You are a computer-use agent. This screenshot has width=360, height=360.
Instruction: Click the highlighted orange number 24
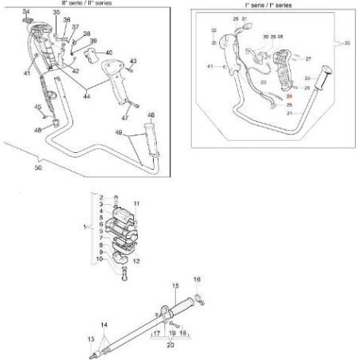(289, 96)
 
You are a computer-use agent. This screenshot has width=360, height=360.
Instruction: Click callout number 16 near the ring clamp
(198, 280)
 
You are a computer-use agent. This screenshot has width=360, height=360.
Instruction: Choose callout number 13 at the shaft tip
(90, 338)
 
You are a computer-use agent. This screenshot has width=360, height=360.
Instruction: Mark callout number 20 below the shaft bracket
(170, 346)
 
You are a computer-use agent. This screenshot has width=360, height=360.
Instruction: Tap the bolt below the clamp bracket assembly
(124, 276)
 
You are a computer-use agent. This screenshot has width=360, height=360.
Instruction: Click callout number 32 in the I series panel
(213, 30)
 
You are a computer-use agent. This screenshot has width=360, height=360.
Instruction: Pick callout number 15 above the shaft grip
(174, 284)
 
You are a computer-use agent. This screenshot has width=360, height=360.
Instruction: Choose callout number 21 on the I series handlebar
(289, 113)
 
